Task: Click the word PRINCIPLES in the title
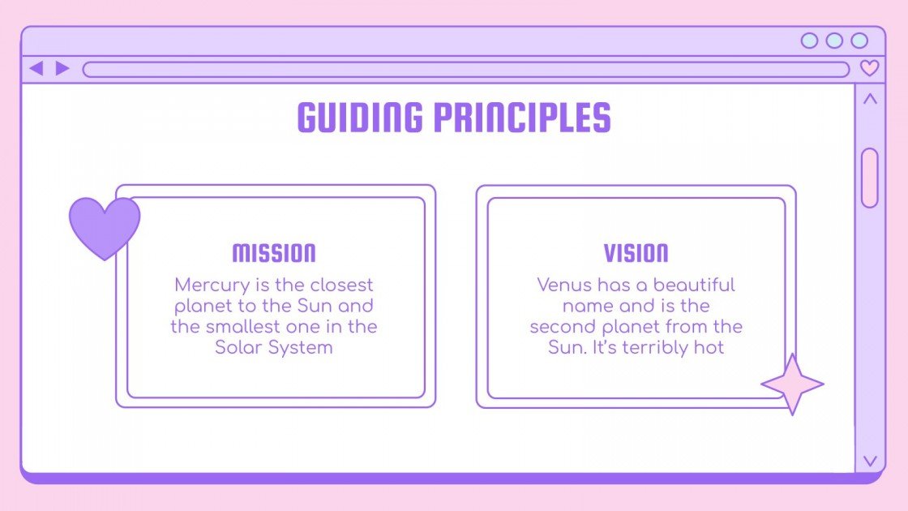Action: coord(522,118)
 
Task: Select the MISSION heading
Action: coord(274,253)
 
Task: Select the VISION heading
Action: coord(636,253)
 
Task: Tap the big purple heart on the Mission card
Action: coord(105,226)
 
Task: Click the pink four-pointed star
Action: coord(792,384)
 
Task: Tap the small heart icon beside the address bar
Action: coord(869,68)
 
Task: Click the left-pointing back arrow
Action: coord(36,68)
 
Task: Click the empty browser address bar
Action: coord(465,69)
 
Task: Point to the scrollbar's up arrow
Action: coord(870,100)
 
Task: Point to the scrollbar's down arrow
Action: coord(870,461)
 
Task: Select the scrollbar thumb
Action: coord(870,178)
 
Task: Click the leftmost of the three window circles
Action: coord(809,41)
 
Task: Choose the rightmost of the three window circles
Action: coord(859,41)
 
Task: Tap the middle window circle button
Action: coord(834,41)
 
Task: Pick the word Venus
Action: coord(564,286)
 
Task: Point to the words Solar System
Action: coord(274,348)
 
